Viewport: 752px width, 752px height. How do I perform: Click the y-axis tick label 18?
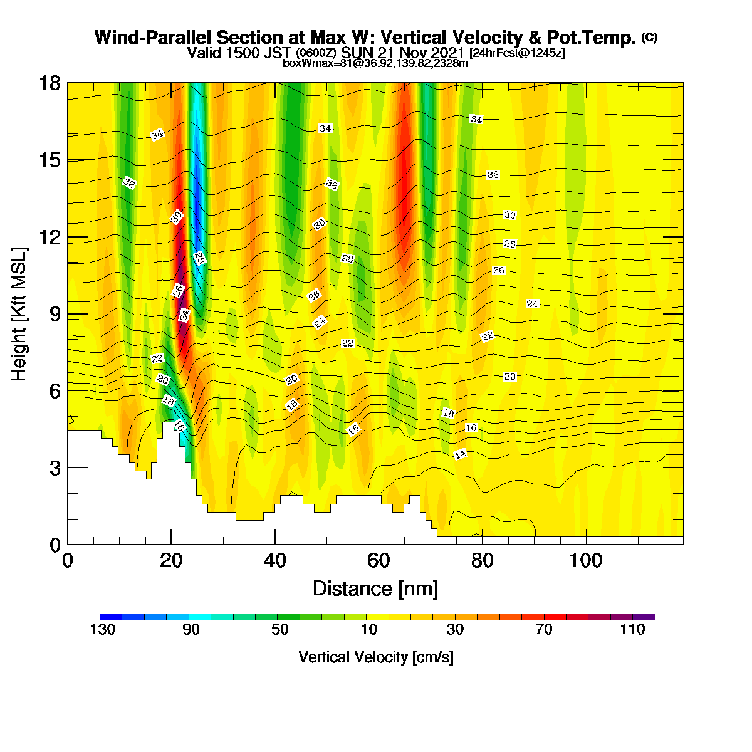coord(50,83)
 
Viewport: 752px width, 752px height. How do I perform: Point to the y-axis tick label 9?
coord(55,314)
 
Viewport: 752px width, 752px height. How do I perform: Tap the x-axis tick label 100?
coord(586,561)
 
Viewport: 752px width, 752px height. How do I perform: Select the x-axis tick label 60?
coord(379,561)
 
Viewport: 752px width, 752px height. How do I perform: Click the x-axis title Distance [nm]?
coord(375,589)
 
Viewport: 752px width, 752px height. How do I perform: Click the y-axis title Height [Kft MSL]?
coord(19,314)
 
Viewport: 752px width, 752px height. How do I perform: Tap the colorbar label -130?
coord(100,629)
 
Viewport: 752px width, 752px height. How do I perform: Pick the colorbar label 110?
coord(632,629)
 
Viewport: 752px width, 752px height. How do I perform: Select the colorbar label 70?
coord(543,629)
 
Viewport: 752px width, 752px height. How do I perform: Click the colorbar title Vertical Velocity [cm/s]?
coord(376,657)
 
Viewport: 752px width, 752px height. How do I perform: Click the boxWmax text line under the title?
coord(375,63)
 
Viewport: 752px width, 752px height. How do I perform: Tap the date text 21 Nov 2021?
coord(422,53)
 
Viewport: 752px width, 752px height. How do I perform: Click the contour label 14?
coord(460,454)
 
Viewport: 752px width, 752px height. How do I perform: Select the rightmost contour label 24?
coord(532,303)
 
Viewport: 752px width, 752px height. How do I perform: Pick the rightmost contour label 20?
coord(509,377)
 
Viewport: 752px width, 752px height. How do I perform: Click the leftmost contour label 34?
coord(157,135)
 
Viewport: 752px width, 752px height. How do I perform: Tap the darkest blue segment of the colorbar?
coord(111,617)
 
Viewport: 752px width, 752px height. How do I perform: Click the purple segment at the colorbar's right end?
coord(644,617)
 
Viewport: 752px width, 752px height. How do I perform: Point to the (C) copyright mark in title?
coord(649,38)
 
